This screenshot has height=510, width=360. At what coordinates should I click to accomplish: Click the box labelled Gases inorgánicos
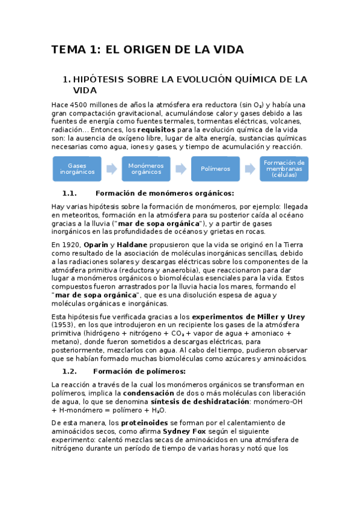[x=77, y=168]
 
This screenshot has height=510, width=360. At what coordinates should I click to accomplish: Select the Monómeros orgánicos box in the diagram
[x=146, y=168]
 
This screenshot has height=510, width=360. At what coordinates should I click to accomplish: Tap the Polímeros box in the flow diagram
[x=215, y=168]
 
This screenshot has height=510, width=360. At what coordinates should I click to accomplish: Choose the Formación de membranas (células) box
[x=284, y=168]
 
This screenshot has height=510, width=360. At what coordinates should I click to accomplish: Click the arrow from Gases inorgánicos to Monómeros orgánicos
[x=111, y=169]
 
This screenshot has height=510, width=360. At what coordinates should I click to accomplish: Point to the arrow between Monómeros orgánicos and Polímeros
[x=181, y=169]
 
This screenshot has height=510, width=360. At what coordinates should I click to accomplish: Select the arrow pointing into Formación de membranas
[x=249, y=169]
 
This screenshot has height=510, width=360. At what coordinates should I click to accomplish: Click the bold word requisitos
[x=156, y=130]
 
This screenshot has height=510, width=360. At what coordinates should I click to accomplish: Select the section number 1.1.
[x=70, y=194]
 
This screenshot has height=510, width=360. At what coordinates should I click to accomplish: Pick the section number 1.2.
[x=70, y=371]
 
